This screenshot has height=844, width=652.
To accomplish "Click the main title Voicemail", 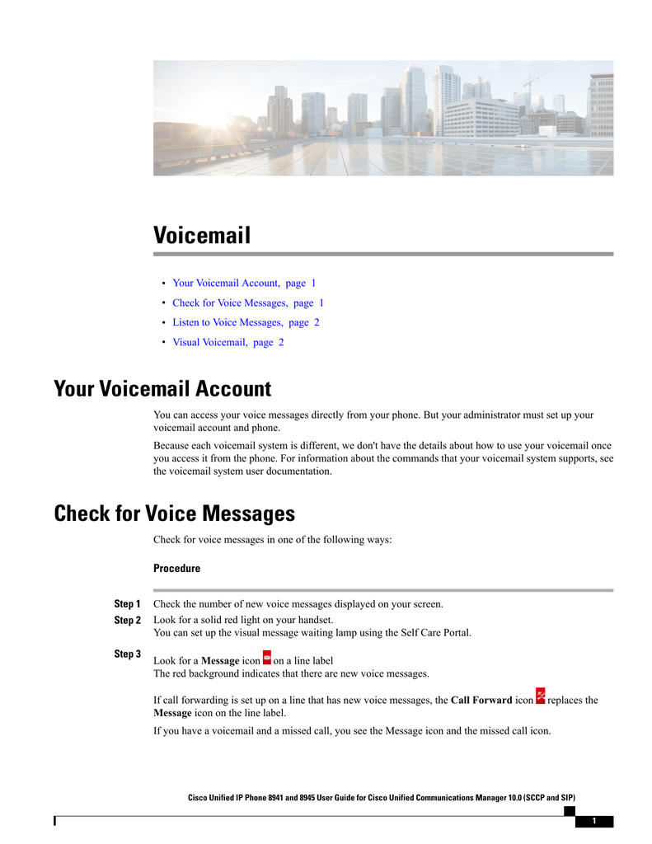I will pyautogui.click(x=201, y=236).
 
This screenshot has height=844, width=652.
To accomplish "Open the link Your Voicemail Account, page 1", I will pyautogui.click(x=244, y=283).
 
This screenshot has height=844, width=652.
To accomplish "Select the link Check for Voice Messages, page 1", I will pyautogui.click(x=248, y=302).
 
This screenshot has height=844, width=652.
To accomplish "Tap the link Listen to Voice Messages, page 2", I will pyautogui.click(x=246, y=322).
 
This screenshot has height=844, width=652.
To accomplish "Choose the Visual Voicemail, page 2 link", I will pyautogui.click(x=228, y=342).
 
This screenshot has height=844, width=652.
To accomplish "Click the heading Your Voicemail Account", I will pyautogui.click(x=162, y=388).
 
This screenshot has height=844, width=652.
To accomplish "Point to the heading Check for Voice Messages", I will pyautogui.click(x=174, y=514).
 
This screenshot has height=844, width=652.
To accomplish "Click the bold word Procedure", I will pyautogui.click(x=176, y=569).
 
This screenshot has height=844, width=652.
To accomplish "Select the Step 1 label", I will pyautogui.click(x=127, y=604).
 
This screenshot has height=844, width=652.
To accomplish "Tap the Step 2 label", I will pyautogui.click(x=127, y=620).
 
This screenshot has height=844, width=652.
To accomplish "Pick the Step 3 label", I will pyautogui.click(x=127, y=654).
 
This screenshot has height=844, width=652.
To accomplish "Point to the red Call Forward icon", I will pyautogui.click(x=540, y=696).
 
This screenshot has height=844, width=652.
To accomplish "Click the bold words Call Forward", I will pyautogui.click(x=481, y=701).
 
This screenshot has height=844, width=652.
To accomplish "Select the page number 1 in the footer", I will pyautogui.click(x=593, y=821).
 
